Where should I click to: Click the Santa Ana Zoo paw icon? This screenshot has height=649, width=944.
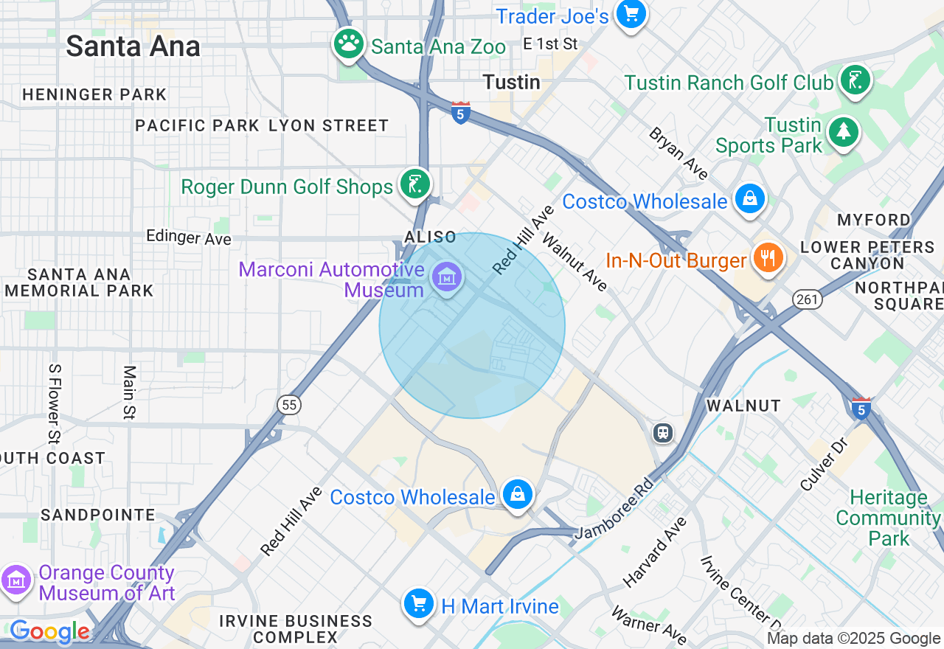point(348,44)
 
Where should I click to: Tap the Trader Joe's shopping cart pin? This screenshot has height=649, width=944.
point(631,13)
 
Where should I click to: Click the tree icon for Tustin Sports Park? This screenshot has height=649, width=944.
point(842,132)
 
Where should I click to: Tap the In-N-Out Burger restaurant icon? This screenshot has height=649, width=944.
point(768,258)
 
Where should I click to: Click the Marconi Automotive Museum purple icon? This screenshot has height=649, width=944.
point(446,277)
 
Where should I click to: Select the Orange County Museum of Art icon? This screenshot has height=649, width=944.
point(15,580)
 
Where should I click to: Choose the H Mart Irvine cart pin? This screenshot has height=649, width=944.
point(419,604)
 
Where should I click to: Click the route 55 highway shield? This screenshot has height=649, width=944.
point(289,404)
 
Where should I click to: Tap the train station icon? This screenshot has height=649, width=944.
point(664,432)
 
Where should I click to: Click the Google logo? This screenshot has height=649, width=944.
point(49,631)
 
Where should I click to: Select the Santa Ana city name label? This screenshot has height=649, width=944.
point(133,46)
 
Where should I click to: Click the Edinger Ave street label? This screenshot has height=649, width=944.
point(189,237)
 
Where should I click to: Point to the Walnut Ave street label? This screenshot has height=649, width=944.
point(575,262)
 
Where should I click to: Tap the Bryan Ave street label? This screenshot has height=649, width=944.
point(678,153)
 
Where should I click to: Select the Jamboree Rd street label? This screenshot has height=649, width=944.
point(614,508)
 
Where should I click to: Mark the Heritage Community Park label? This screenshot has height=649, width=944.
point(888,518)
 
